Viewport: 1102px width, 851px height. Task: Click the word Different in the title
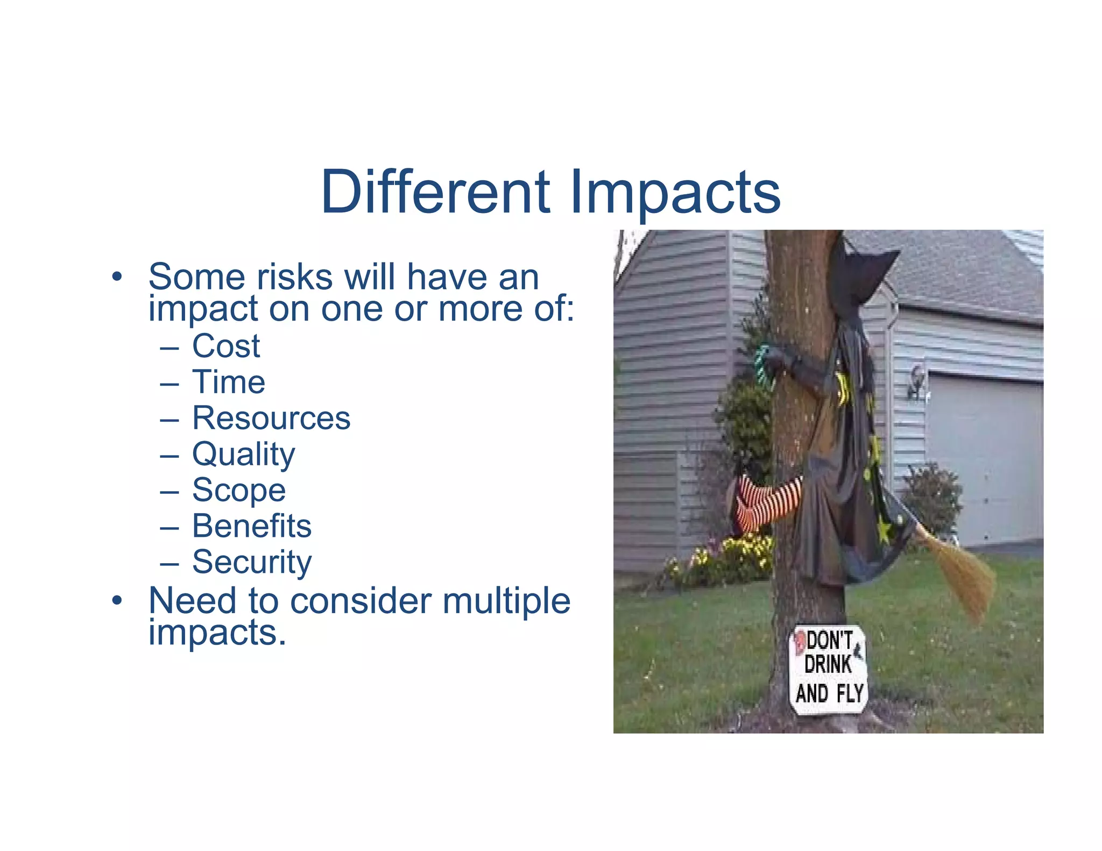point(435,192)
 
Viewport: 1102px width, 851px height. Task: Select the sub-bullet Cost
point(226,346)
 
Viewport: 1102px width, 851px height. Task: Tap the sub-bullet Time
point(229,382)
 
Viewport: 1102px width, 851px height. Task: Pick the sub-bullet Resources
point(271,418)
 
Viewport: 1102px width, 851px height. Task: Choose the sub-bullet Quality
point(244,455)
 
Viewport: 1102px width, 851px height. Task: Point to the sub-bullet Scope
point(239,490)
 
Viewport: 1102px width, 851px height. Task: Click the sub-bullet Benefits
point(252,526)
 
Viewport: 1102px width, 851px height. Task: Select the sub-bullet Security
point(252,562)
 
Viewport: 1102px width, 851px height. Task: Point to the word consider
point(361,601)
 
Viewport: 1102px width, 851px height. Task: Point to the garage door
point(985,457)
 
